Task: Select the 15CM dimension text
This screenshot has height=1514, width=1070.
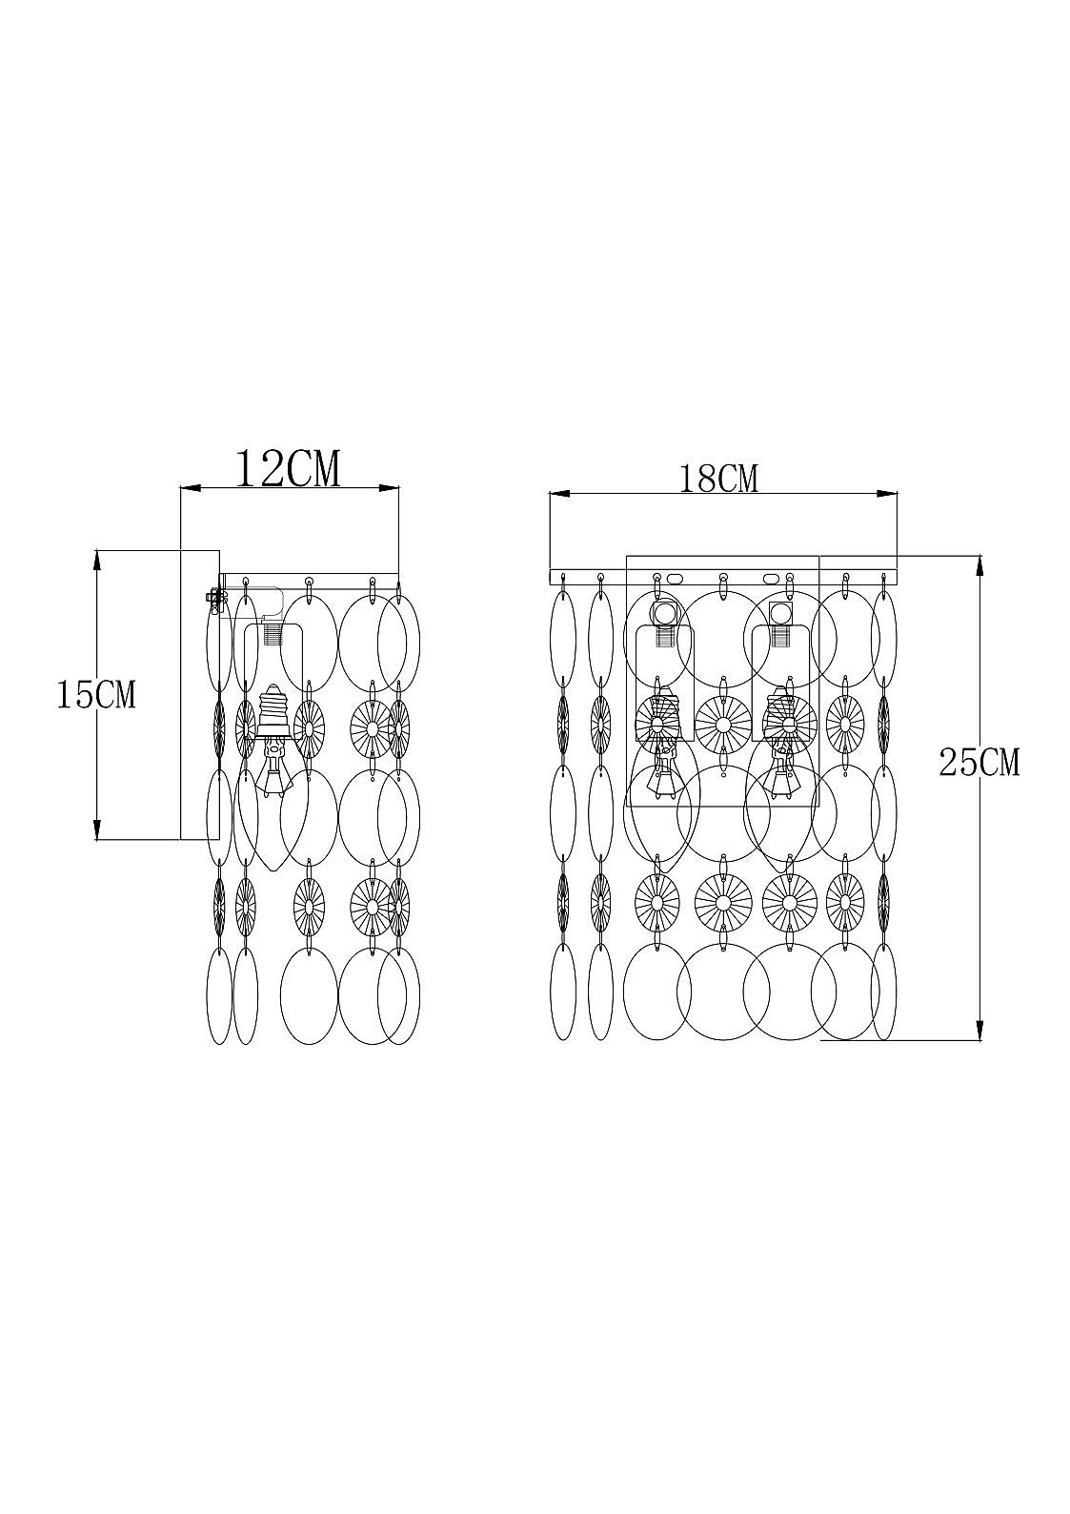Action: coord(96,694)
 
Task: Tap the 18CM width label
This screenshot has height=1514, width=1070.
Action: coord(718,479)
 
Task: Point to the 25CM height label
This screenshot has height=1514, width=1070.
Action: coord(979,763)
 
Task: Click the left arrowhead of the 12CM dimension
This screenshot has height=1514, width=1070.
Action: coord(190,487)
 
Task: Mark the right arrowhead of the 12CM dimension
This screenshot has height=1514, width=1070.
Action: coord(389,487)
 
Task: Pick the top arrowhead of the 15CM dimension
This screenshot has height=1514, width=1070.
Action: coord(96,561)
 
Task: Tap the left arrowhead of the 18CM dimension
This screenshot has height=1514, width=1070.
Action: coord(559,494)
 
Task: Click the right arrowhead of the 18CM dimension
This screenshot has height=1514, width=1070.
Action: coord(887,494)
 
